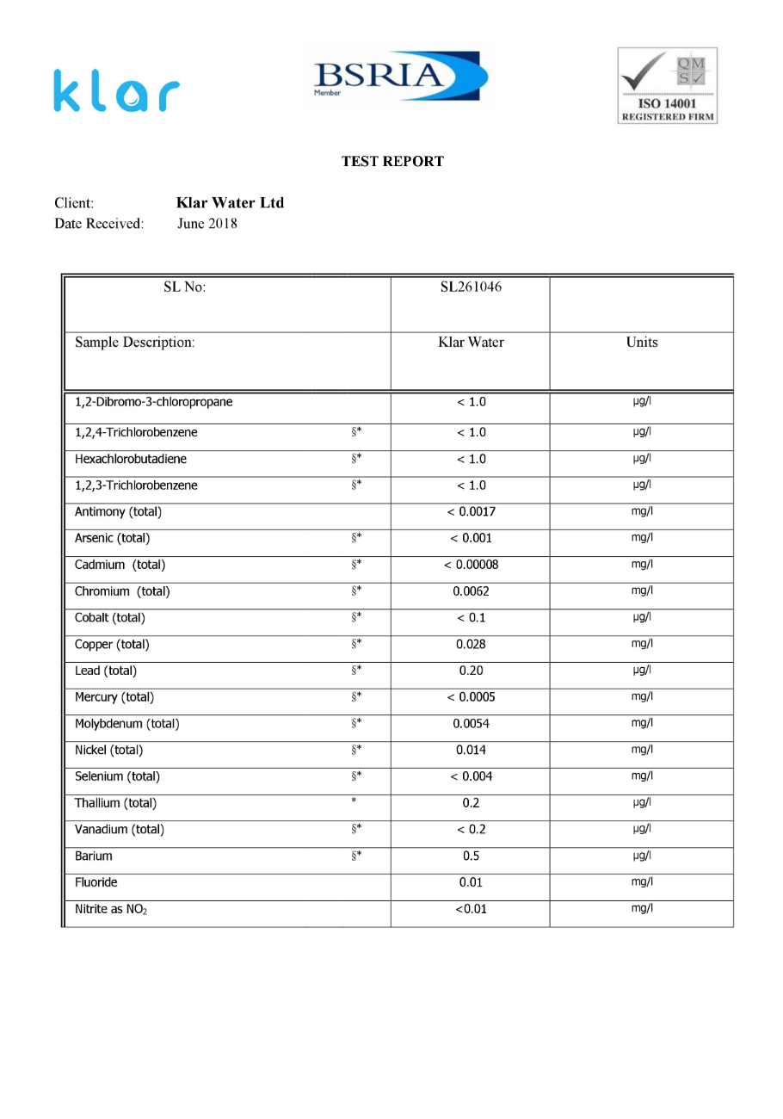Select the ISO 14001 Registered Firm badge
pos(667,86)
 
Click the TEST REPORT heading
pos(392,161)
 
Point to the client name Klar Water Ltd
pos(230,203)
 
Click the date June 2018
pos(207,224)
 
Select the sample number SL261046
pos(471,287)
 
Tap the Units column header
pos(642,342)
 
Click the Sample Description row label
pos(135,342)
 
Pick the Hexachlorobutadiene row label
pos(131,458)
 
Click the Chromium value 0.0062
pos(471,591)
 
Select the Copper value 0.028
pos(471,644)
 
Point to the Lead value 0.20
pos(471,671)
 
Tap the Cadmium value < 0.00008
pos(471,565)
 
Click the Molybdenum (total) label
pos(127,724)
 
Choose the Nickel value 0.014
pos(471,750)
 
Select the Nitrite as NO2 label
pos(111,909)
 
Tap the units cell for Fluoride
pos(642,881)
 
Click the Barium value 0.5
pos(471,856)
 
